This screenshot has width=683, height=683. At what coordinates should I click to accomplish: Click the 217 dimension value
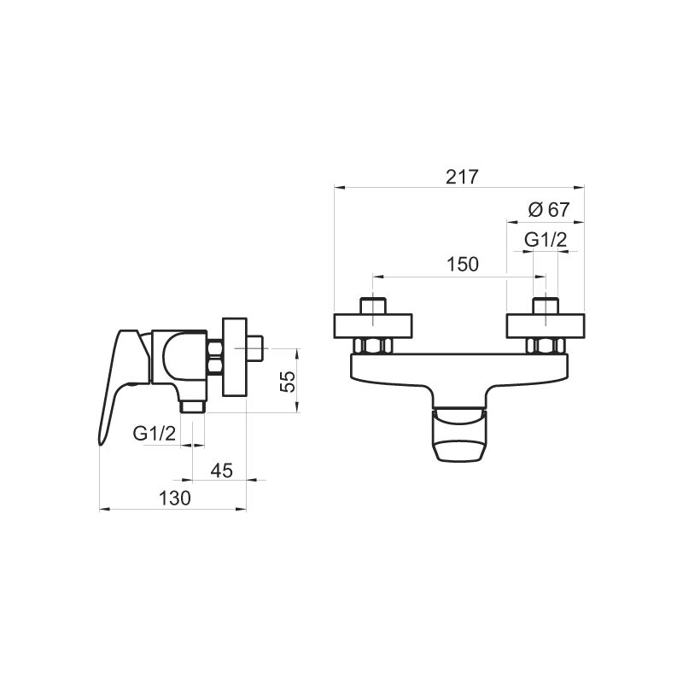pos(462,177)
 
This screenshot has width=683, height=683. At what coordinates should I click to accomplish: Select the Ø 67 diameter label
pos(549,209)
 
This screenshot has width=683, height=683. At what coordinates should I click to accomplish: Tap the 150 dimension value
pos(463,264)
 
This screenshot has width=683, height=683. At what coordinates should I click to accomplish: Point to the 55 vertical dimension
pos(288,382)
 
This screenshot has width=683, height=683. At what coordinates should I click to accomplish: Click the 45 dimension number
pos(222,470)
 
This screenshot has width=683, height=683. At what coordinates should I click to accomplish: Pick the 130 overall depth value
pos(175,499)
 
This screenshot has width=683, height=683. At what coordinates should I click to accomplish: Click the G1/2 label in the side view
pos(155,434)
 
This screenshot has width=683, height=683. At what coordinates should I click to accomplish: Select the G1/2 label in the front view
pos(546,240)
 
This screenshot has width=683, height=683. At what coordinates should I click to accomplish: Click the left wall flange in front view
pos(373,326)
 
